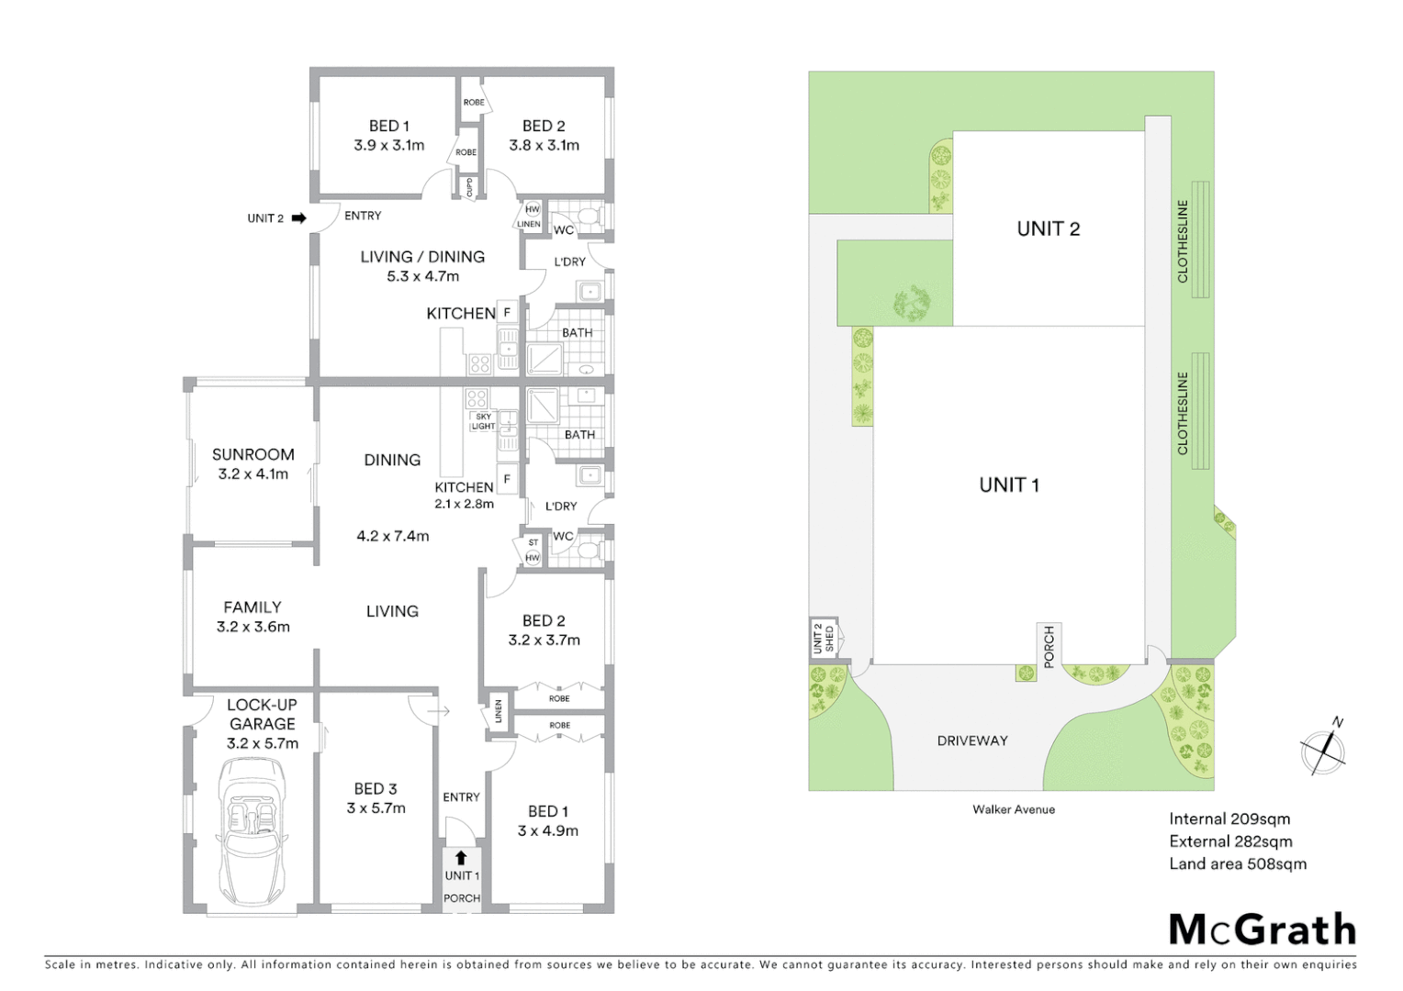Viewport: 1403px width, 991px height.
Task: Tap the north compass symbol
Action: (x=1324, y=751)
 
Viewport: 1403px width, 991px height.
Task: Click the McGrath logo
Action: (x=1262, y=930)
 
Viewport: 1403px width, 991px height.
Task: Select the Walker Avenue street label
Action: (x=1014, y=809)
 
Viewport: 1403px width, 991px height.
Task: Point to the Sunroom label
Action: (x=253, y=454)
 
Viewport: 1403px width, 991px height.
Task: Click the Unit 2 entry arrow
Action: (x=298, y=218)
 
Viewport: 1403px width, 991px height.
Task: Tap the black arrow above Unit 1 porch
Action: (x=461, y=858)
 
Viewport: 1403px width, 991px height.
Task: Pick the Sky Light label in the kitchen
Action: (x=483, y=421)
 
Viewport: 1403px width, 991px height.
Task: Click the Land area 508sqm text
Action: (x=1237, y=863)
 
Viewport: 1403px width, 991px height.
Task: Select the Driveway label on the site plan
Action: (x=972, y=740)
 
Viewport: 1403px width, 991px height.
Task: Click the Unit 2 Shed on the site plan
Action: (x=824, y=638)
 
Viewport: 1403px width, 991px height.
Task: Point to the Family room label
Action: (x=253, y=607)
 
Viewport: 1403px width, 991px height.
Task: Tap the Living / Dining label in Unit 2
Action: (x=422, y=257)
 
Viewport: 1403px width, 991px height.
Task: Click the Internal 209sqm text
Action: (x=1229, y=819)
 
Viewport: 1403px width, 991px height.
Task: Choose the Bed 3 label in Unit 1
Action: (x=376, y=789)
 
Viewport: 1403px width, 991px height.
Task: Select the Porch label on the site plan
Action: (x=1049, y=646)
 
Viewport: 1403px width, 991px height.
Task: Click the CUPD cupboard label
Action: (x=469, y=187)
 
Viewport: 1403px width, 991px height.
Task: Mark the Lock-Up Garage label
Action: (x=262, y=714)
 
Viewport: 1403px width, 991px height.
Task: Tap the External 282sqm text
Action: (x=1230, y=841)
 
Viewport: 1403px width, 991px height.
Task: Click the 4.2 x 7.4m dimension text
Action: (x=392, y=536)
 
